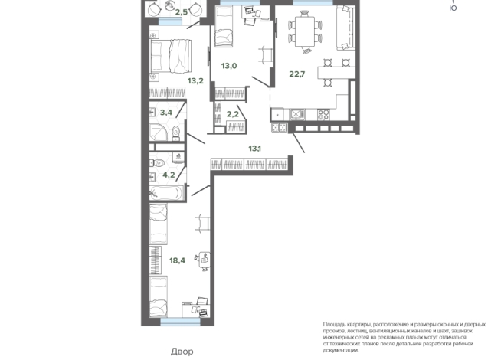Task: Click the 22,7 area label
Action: point(296,74)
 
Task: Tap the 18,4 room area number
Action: point(177,260)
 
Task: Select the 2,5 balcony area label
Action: point(181,13)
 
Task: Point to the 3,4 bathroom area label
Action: point(166,113)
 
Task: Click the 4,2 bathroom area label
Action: point(169,175)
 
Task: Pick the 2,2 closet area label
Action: point(233,114)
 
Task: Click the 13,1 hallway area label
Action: point(254,149)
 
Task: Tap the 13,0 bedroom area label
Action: point(229,66)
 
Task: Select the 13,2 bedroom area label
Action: point(195,81)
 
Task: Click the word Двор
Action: point(182,352)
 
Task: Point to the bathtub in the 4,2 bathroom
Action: point(166,193)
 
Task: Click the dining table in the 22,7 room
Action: point(305,31)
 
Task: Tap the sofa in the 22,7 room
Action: point(345,28)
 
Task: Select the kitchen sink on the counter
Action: point(297,114)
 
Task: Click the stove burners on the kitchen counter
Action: point(323,114)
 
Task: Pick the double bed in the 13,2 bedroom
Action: point(171,56)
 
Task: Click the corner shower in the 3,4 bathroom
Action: point(159,132)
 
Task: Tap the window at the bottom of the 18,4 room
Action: point(180,322)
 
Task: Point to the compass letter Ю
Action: point(453,8)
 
